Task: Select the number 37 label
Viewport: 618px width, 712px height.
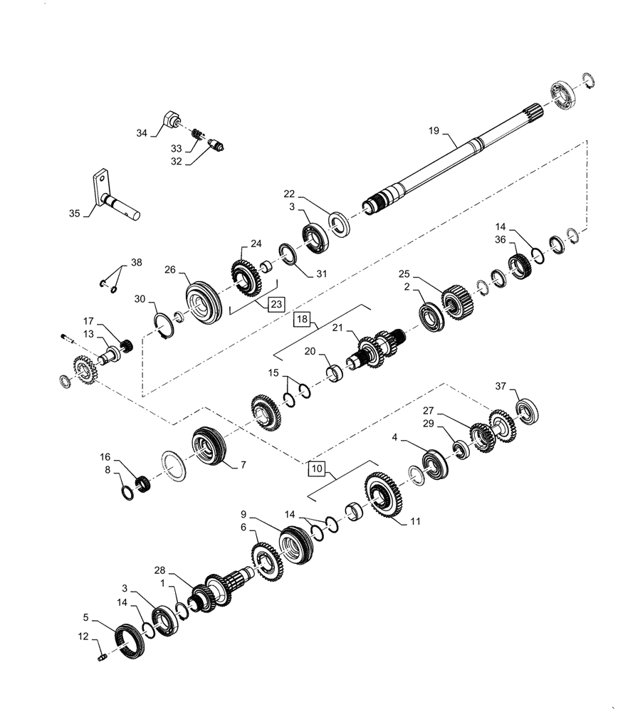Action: click(501, 387)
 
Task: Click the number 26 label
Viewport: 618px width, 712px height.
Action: click(169, 271)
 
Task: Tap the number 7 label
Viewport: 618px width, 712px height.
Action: click(243, 465)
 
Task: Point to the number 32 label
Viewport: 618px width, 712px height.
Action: click(176, 162)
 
